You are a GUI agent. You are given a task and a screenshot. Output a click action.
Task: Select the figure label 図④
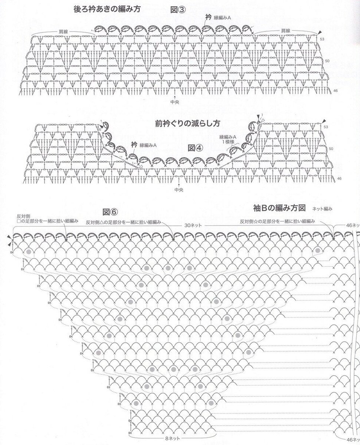196,148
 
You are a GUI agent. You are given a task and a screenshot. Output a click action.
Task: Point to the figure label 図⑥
110,212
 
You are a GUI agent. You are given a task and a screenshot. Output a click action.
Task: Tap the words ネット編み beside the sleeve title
322,209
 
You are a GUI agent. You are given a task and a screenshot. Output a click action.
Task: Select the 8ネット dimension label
172,438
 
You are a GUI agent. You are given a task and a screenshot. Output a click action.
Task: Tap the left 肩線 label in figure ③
63,31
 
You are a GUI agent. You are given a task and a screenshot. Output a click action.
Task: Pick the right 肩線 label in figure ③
285,30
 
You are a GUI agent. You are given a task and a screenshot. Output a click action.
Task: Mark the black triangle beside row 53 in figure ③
320,34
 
